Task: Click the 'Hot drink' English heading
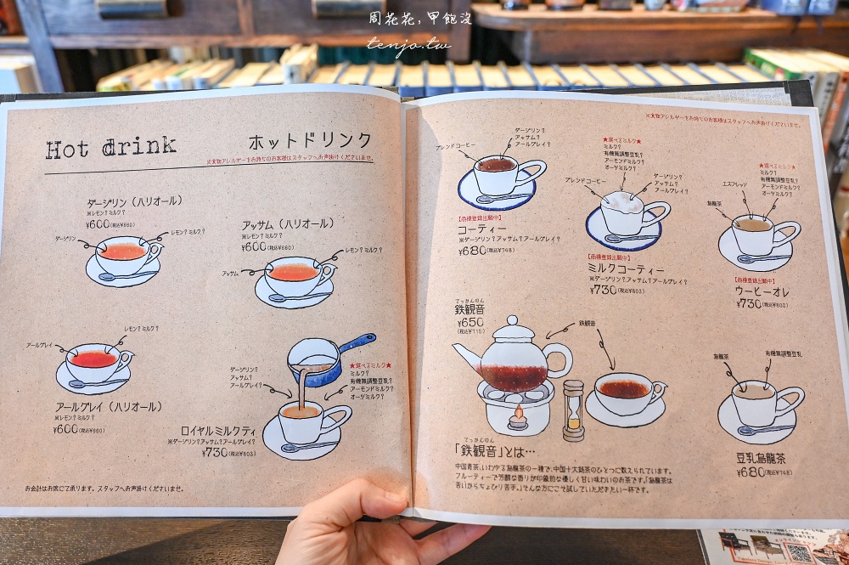110,147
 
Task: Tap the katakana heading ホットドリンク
310,141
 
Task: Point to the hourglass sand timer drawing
574,410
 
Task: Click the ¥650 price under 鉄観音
470,323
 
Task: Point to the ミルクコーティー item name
625,268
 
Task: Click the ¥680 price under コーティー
473,251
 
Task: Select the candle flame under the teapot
514,415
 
